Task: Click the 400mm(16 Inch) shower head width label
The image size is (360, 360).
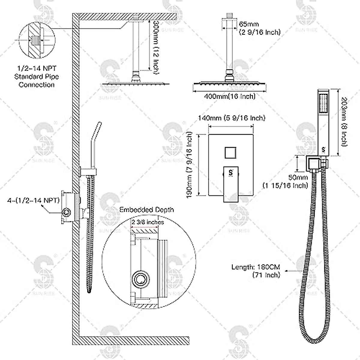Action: [229, 97]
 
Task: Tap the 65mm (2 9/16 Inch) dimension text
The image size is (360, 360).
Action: [259, 28]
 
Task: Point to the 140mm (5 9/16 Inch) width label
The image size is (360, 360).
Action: [231, 118]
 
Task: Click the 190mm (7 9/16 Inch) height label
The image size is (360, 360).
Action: [189, 165]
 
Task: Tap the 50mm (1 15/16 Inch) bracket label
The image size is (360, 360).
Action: [285, 181]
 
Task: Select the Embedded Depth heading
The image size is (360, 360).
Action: [147, 209]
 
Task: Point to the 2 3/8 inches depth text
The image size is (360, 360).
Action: [148, 222]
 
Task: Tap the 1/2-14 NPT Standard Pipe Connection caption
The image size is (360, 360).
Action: [37, 77]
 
